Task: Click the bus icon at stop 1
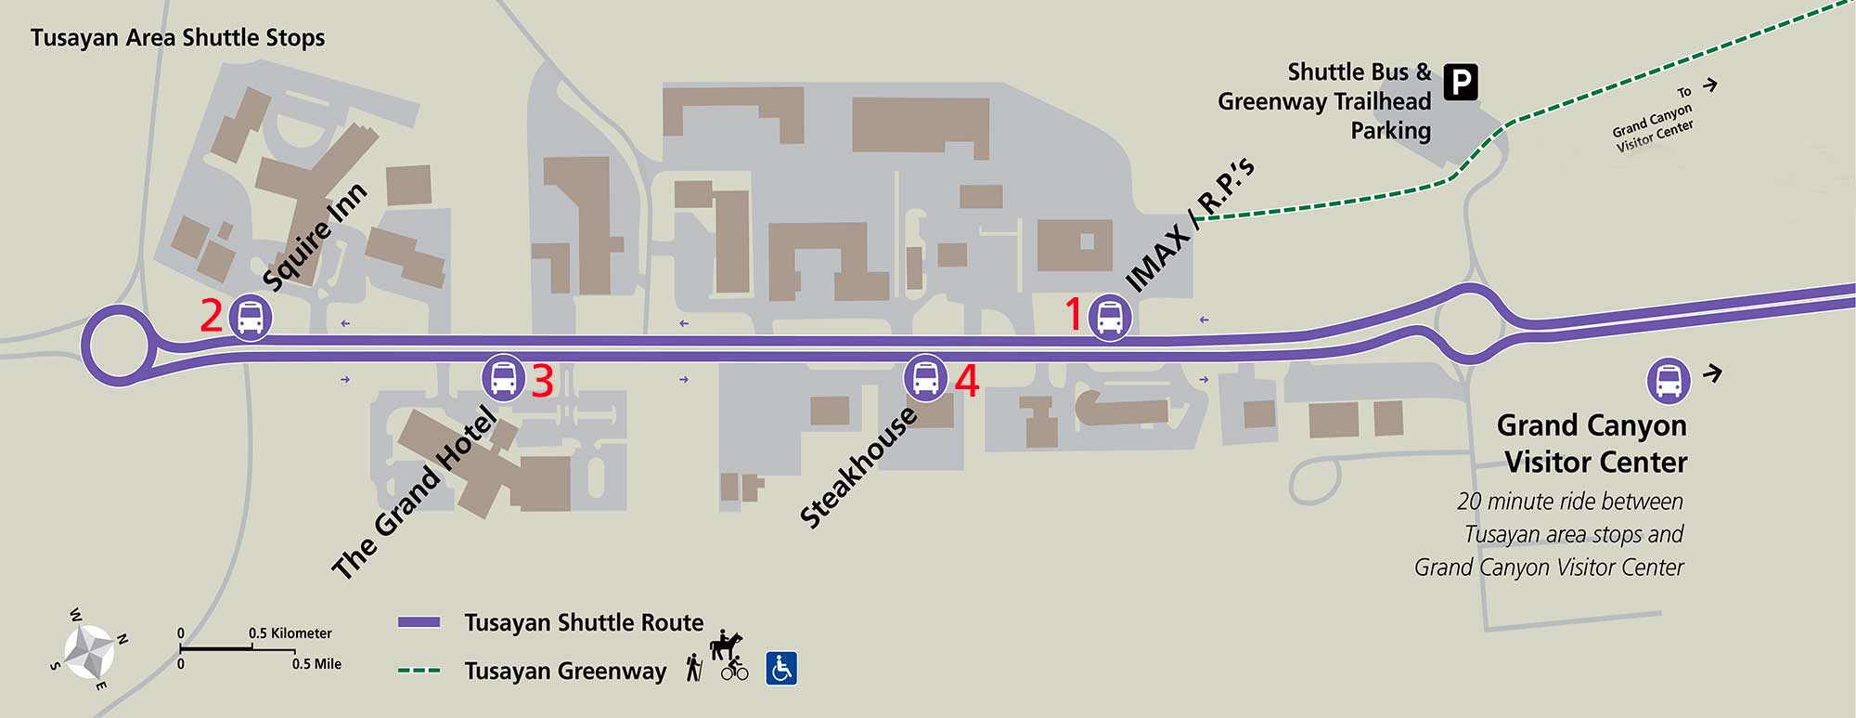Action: pos(1109,317)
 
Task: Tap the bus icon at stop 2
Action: pos(250,317)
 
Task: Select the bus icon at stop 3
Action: pos(503,377)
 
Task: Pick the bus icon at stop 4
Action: pos(925,377)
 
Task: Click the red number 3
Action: pos(542,381)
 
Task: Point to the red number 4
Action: pos(966,381)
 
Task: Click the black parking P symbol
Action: pos(1461,83)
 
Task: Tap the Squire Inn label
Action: pos(315,238)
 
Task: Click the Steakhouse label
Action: pos(858,467)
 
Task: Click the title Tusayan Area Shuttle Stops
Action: pos(177,38)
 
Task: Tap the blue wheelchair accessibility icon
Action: pos(781,668)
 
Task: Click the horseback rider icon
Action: pos(725,645)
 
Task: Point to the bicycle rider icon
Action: pos(734,669)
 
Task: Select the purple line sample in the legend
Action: pos(419,622)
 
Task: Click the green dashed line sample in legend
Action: pos(419,671)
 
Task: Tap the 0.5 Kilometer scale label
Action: pos(290,633)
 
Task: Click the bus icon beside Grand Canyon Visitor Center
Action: pos(1669,380)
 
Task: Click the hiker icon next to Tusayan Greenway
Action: pos(693,668)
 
